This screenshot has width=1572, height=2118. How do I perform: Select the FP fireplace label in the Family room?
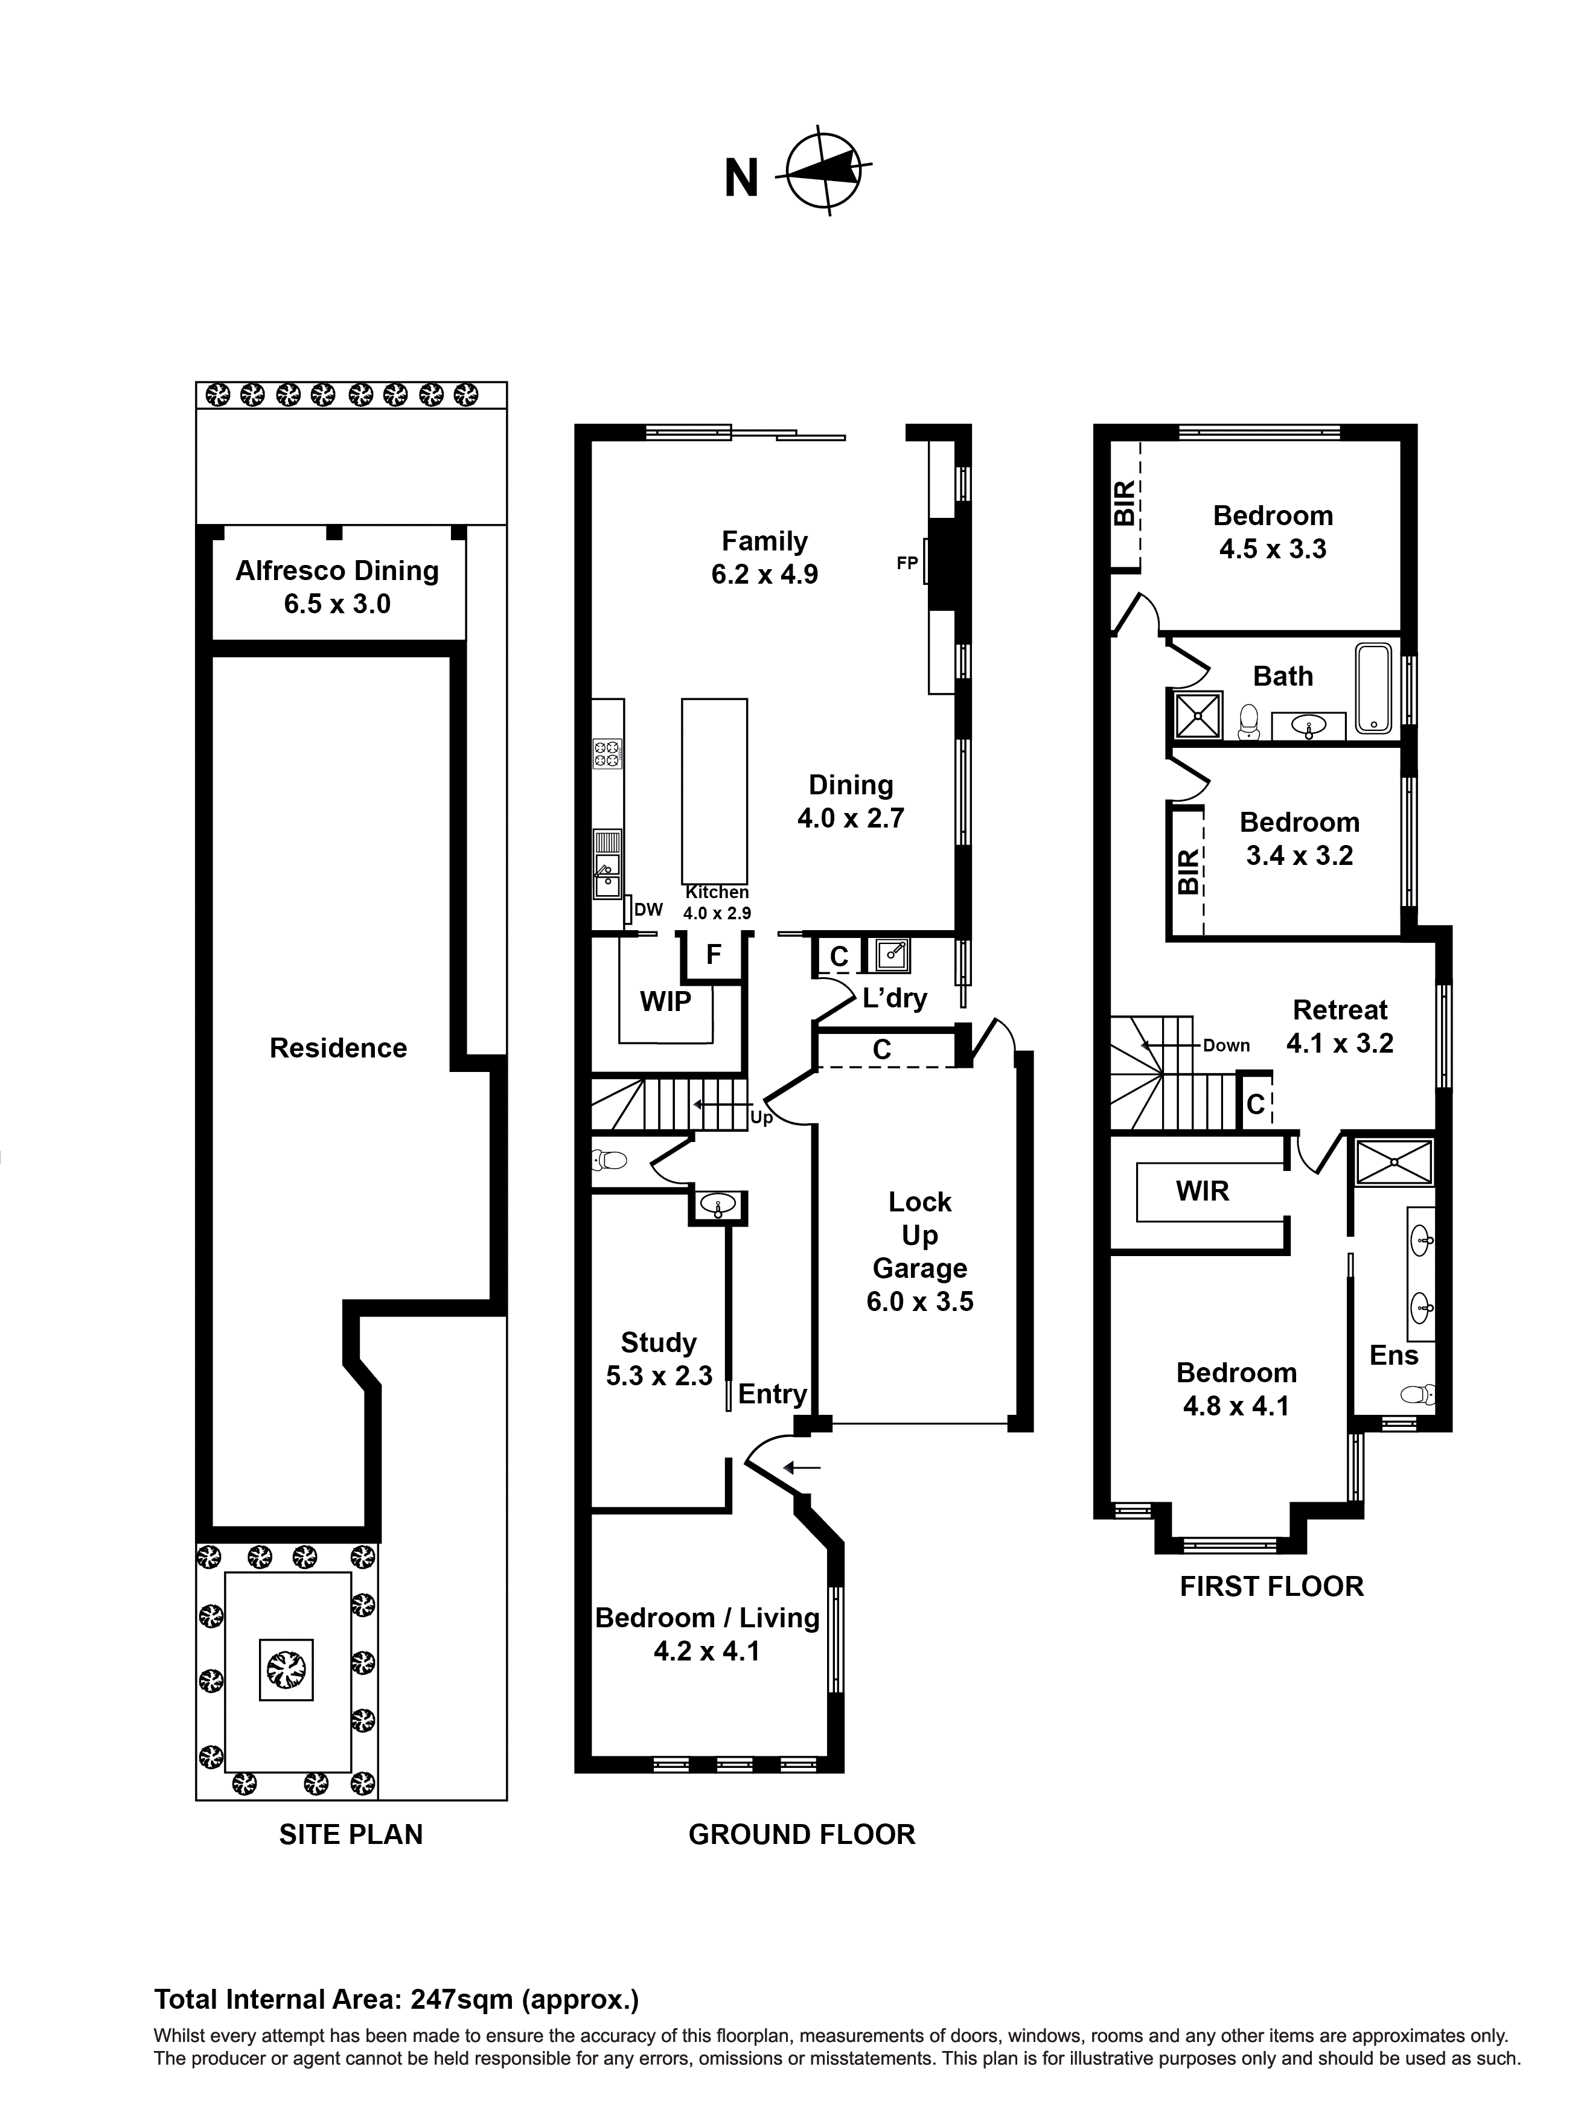pyautogui.click(x=907, y=563)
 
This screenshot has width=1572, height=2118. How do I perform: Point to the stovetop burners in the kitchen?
pyautogui.click(x=607, y=753)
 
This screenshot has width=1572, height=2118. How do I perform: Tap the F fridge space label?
pyautogui.click(x=714, y=954)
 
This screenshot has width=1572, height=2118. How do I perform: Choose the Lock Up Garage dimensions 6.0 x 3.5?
pyautogui.click(x=919, y=1301)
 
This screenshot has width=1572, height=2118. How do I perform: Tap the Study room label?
pyautogui.click(x=659, y=1342)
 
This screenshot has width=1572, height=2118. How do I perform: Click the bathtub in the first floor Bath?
pyautogui.click(x=1373, y=689)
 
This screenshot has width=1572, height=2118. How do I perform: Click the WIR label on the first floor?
pyautogui.click(x=1202, y=1191)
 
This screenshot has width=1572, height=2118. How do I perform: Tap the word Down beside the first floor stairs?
pyautogui.click(x=1225, y=1045)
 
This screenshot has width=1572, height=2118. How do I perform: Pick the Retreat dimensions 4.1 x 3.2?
pyautogui.click(x=1340, y=1044)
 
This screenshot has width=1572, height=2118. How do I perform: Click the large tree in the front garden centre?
pyautogui.click(x=286, y=1668)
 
